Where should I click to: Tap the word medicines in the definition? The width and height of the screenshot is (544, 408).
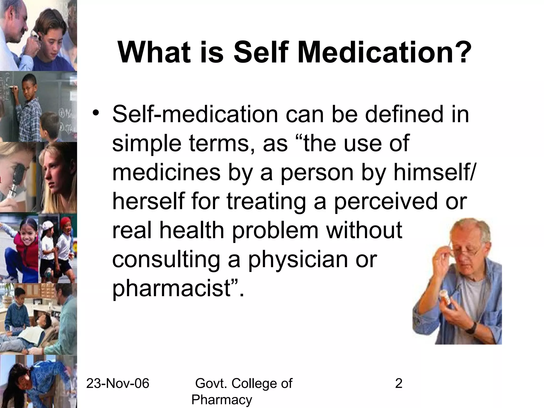coord(166,172)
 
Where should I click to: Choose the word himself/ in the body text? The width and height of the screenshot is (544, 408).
coord(432,172)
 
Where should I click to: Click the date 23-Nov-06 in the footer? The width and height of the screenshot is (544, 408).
coord(118,384)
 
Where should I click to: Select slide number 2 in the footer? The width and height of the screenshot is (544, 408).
coord(399,384)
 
